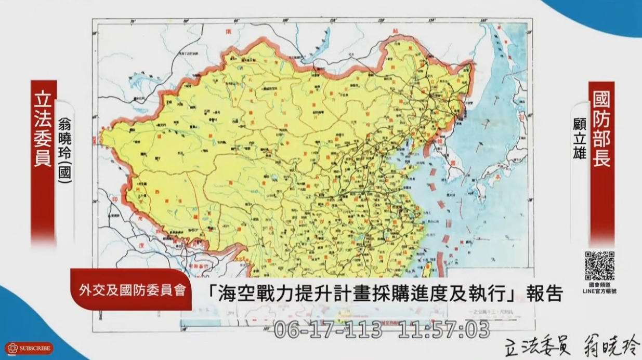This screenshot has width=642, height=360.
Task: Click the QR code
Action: (599, 265)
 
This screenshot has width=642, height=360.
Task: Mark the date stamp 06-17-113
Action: (327, 329)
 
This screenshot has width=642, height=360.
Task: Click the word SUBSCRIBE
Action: (35, 349)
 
